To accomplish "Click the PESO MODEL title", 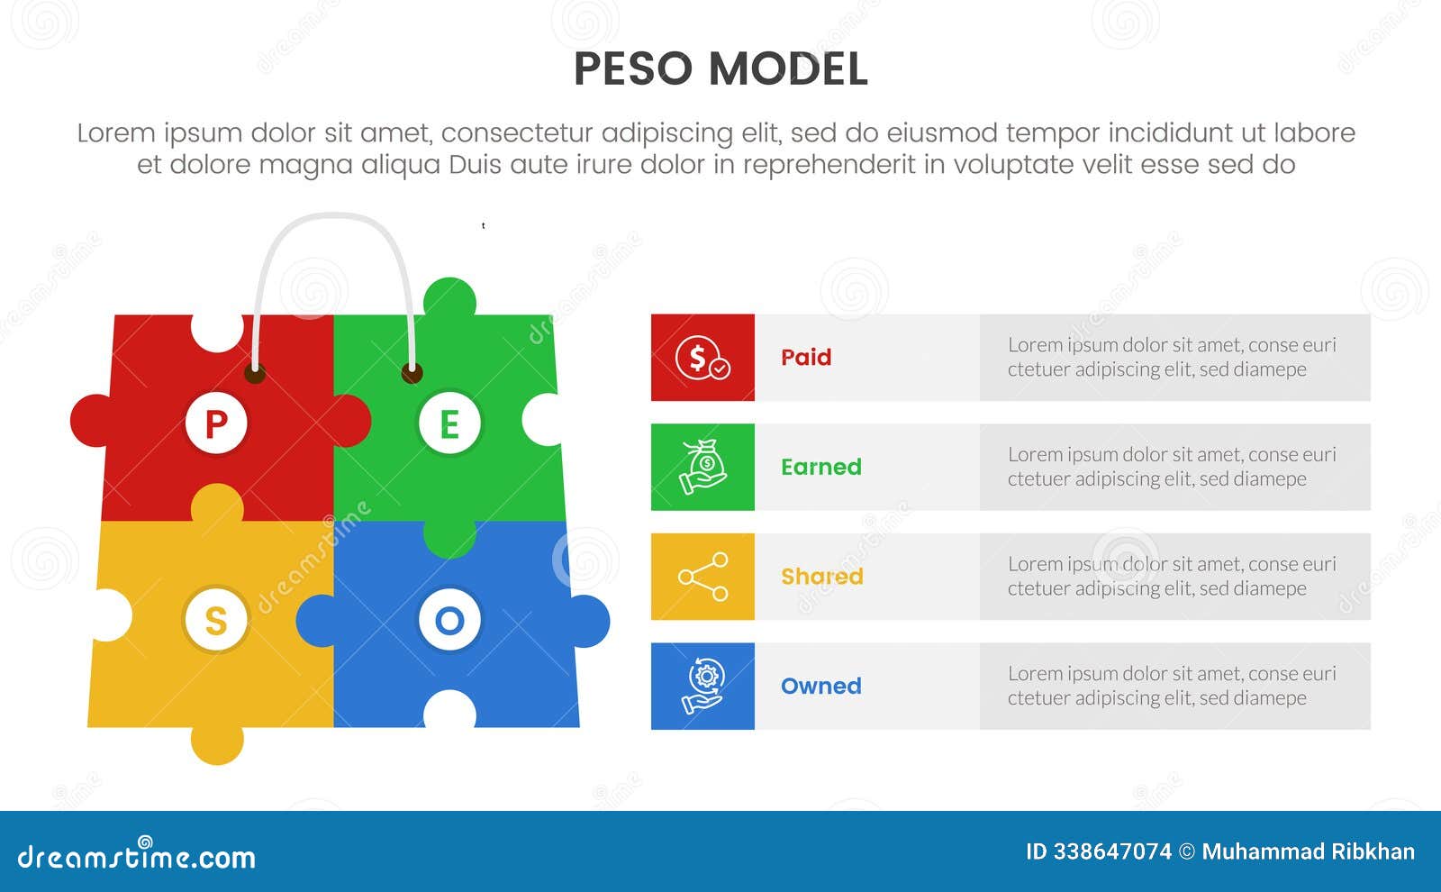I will [720, 69].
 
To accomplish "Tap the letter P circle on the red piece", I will [216, 423].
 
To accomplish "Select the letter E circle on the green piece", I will [449, 423].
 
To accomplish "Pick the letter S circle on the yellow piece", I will [216, 621].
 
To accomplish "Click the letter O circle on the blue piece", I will [449, 620].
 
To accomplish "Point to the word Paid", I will [806, 358].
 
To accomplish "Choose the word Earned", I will [820, 467].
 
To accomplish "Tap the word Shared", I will [821, 577].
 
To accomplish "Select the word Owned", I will [820, 686].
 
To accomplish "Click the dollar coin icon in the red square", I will [702, 358].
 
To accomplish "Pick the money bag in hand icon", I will [702, 467].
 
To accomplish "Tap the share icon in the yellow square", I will [702, 577].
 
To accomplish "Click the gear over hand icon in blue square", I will [702, 686].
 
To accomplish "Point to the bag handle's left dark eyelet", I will [255, 372].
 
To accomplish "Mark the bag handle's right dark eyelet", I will [412, 372].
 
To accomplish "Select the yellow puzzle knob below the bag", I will [217, 743].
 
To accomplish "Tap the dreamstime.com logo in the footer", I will [137, 855].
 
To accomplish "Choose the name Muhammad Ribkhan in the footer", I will [1308, 851].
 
